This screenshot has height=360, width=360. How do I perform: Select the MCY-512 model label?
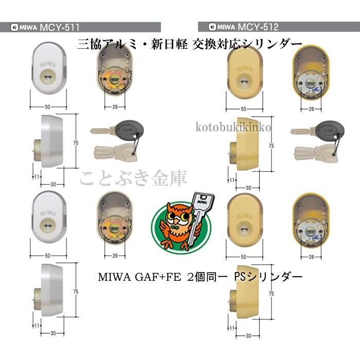pyautogui.click(x=259, y=27)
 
